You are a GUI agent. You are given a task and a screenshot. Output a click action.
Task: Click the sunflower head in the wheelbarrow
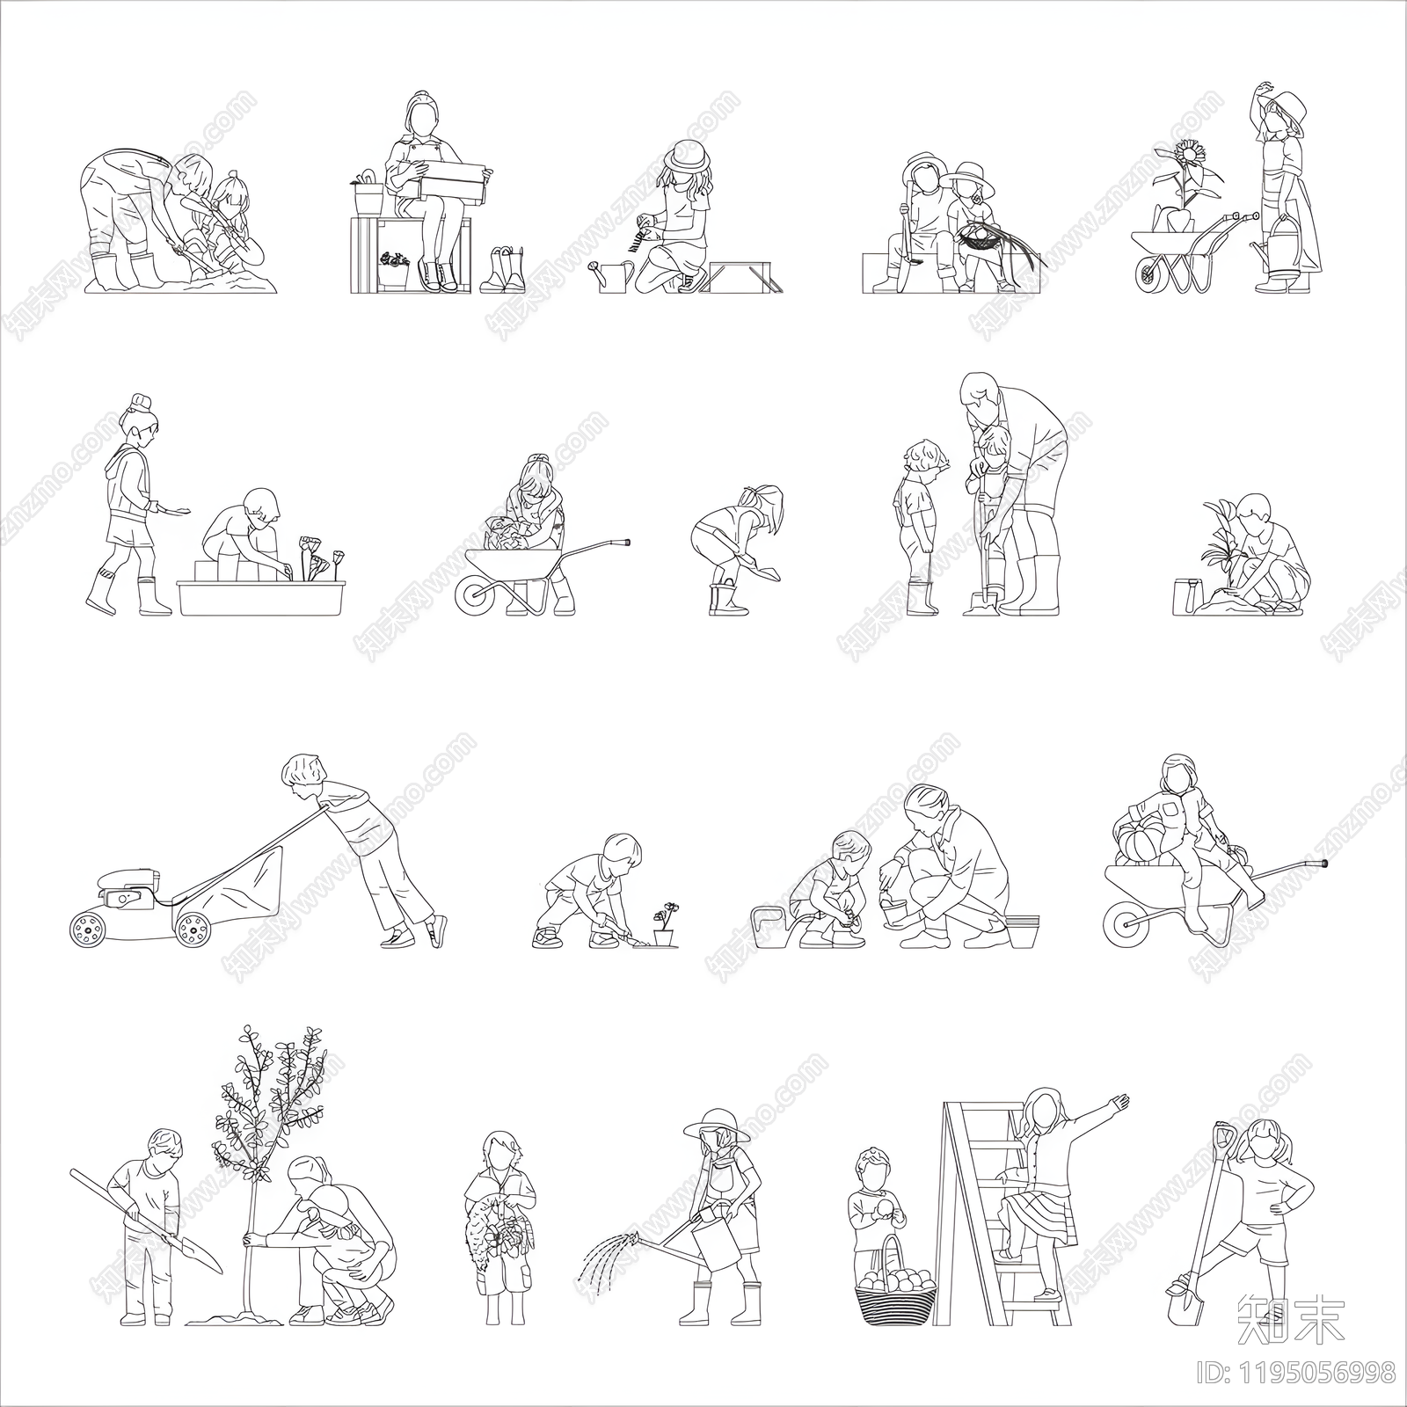click(x=1190, y=155)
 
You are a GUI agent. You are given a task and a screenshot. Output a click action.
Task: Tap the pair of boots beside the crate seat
click(x=502, y=270)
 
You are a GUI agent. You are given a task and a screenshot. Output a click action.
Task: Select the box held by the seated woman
click(x=454, y=181)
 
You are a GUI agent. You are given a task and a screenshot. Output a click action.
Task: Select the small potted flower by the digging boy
click(x=665, y=923)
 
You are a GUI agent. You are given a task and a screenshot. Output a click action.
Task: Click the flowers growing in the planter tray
click(x=318, y=559)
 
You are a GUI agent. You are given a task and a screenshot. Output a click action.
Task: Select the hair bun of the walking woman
click(x=141, y=403)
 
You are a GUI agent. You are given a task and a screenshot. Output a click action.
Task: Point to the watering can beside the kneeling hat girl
click(x=613, y=277)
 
